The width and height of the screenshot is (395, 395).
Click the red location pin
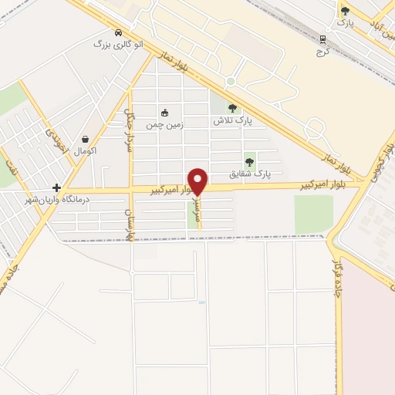[198, 182]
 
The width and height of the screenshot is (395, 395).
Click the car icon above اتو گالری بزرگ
[117, 32]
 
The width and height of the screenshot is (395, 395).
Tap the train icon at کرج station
[322, 39]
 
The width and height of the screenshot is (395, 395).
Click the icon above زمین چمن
[164, 113]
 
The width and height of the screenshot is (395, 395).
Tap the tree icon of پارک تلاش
[232, 109]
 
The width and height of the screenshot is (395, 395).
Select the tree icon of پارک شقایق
[249, 162]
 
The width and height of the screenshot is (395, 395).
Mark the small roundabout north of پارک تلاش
[230, 82]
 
